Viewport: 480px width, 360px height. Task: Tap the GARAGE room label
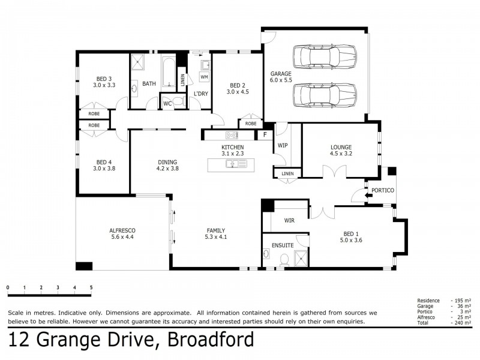click(280, 73)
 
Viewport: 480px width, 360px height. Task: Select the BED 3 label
click(104, 79)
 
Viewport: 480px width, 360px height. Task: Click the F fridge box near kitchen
click(264, 135)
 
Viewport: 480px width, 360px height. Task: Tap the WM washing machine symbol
click(204, 77)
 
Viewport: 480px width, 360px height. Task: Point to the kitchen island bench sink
click(231, 163)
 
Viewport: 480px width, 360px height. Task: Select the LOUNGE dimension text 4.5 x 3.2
click(340, 154)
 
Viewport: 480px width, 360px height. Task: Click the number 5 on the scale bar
click(91, 288)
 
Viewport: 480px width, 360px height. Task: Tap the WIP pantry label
click(283, 145)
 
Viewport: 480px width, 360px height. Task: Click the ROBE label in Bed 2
click(251, 124)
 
